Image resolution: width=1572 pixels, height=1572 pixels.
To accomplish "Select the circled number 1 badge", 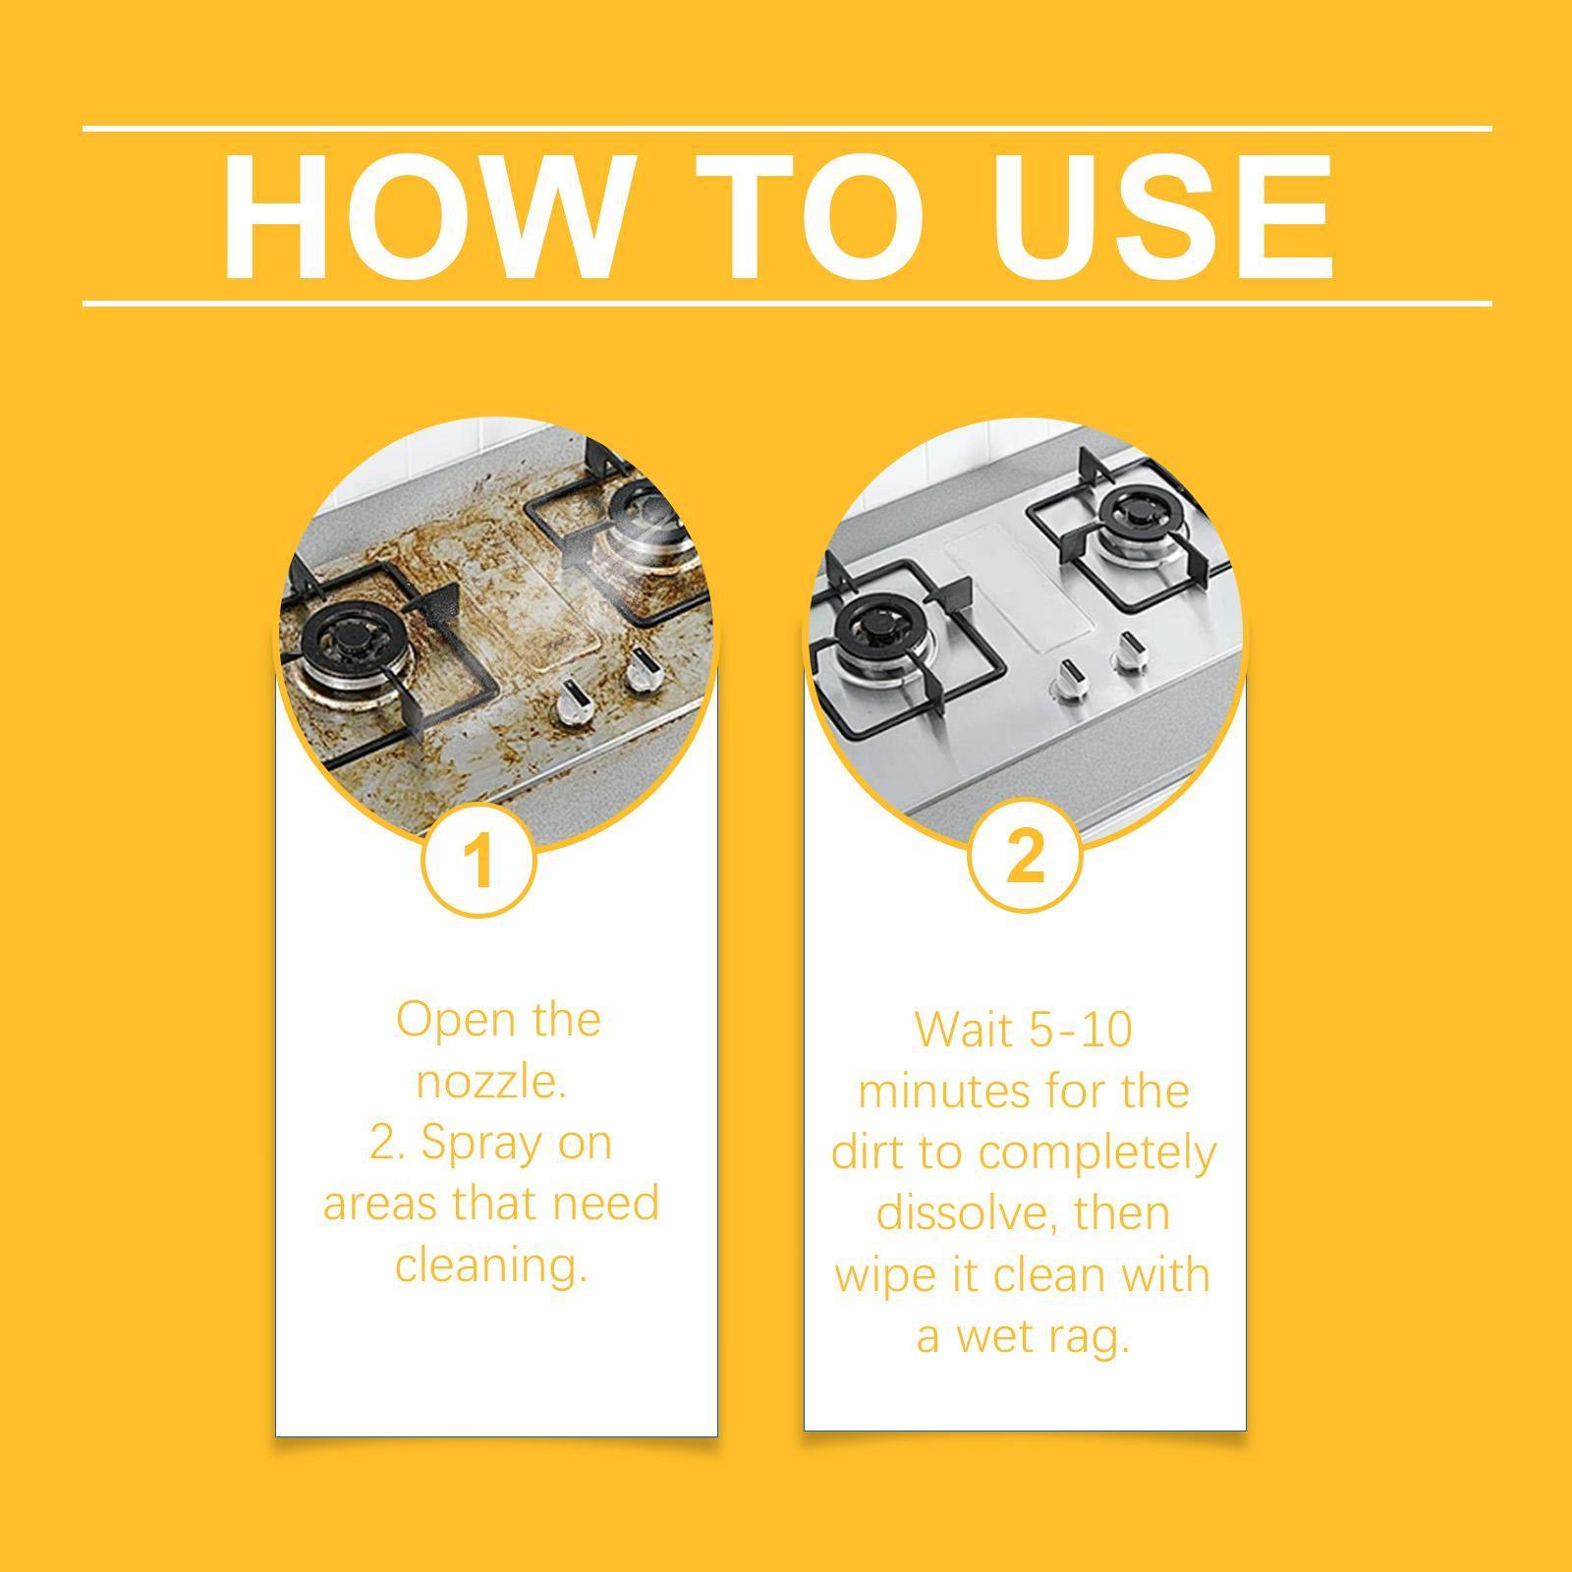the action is (478, 860).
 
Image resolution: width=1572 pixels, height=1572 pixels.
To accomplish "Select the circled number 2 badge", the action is (1025, 855).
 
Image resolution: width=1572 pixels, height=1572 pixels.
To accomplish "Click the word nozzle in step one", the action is (491, 1082).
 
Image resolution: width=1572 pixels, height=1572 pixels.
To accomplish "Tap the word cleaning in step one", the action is (490, 1265).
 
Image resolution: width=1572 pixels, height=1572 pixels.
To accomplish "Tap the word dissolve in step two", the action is (962, 1213).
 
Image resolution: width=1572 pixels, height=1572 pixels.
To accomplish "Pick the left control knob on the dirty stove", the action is (573, 706).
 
